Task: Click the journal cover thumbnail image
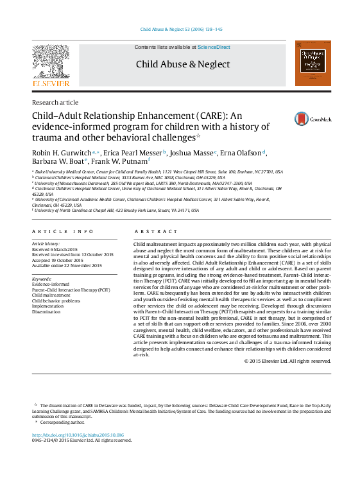pos(313,64)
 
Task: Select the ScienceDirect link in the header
pos(214,48)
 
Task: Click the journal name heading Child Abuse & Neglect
pos(182,64)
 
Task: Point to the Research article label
pos(55,103)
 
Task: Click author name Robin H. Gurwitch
pos(62,153)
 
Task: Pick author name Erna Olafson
pos(241,153)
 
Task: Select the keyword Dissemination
pos(46,313)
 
